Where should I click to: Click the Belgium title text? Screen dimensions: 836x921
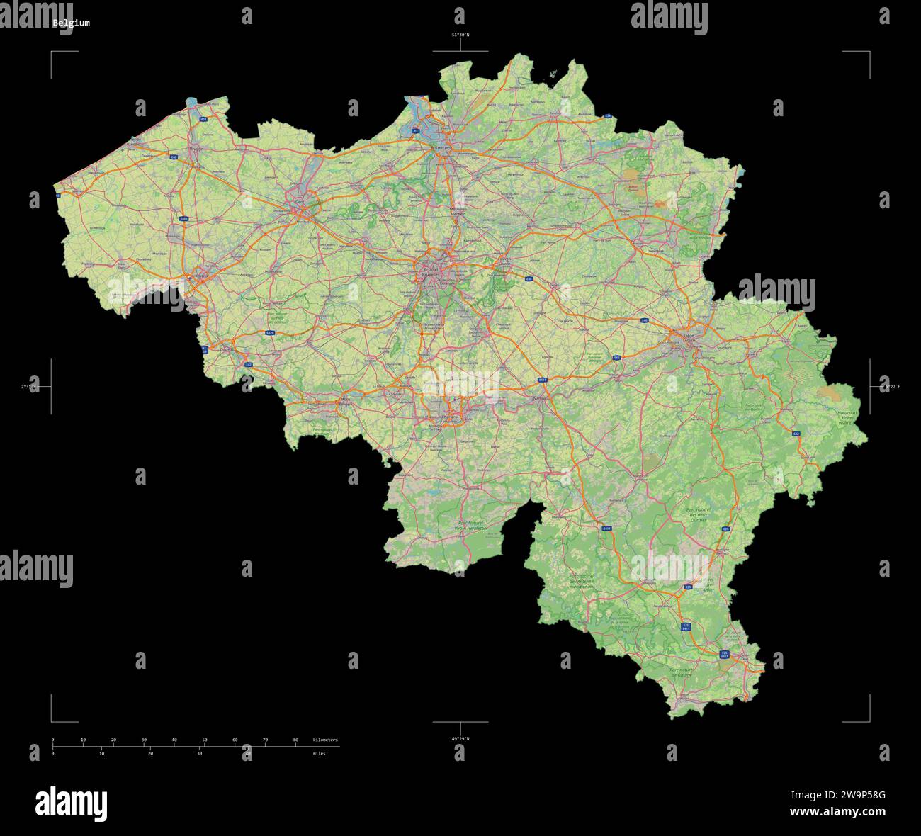pos(71,23)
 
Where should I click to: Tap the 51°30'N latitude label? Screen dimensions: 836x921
pos(460,34)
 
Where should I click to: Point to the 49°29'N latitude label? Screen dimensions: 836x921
pos(460,738)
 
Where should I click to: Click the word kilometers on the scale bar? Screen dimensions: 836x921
pos(325,740)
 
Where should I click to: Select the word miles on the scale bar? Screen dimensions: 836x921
pos(319,753)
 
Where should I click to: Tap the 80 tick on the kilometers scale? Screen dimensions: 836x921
pos(295,740)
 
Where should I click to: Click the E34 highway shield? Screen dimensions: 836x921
pos(607,115)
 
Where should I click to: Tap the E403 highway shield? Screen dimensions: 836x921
pos(183,219)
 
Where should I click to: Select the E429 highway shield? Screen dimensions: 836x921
pos(271,332)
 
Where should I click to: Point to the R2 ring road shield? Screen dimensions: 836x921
pos(416,130)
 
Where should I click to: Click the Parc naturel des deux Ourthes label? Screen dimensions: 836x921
pos(698,514)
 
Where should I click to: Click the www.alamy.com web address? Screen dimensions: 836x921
pos(837,812)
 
